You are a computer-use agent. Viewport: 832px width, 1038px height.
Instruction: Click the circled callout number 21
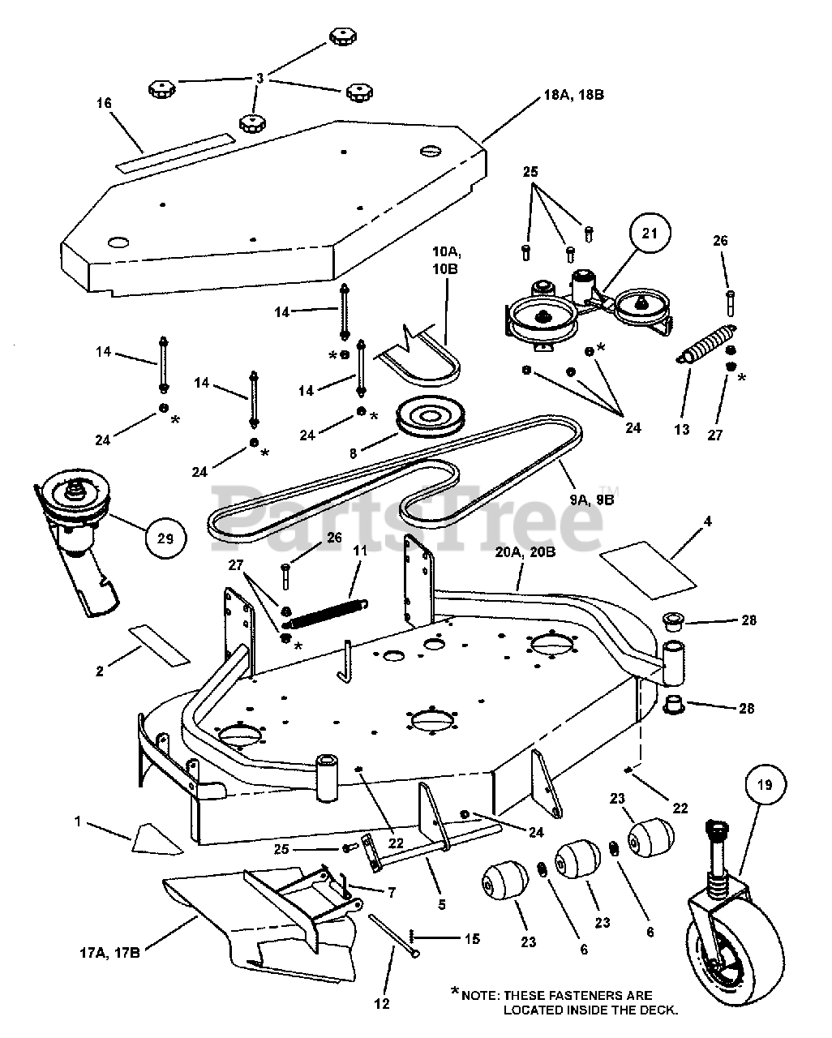pos(650,234)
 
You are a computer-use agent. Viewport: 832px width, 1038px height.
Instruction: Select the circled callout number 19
pos(766,786)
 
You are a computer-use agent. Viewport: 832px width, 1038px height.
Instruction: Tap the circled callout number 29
pos(165,538)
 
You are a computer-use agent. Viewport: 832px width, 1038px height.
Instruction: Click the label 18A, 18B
pos(574,95)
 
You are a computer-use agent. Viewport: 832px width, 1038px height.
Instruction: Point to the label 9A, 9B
pos(592,500)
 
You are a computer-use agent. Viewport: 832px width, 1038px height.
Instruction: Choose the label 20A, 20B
pos(525,551)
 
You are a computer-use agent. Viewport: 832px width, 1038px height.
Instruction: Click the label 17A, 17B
pos(110,953)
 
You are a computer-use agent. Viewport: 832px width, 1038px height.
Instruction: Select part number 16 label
pos(104,103)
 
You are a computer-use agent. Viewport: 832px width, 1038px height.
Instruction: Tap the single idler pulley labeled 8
pos(431,417)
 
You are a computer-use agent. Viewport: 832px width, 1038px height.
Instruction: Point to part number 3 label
pos(260,78)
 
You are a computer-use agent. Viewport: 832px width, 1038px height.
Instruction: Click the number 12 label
pos(381,1004)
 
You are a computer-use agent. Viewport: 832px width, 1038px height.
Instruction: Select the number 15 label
pos(472,938)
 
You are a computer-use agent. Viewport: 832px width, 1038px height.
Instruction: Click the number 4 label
pos(708,521)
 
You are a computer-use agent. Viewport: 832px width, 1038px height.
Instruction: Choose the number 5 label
pos(442,905)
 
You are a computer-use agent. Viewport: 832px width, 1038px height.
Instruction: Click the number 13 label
pos(682,429)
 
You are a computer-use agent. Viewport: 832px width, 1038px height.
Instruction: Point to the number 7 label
pos(391,893)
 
